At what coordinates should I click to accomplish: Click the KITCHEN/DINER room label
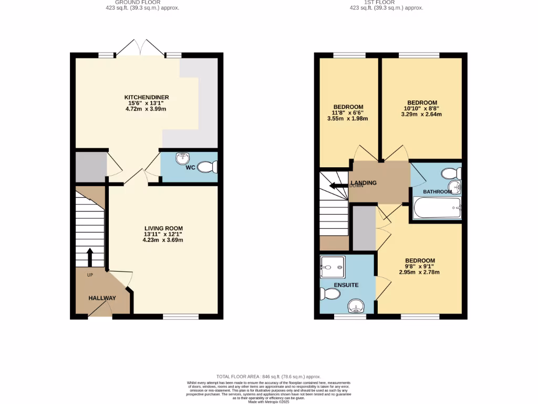tap(146, 97)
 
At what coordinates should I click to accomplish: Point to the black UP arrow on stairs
tap(89, 257)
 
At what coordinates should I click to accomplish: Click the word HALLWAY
tap(102, 298)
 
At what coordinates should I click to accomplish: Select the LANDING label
tap(364, 183)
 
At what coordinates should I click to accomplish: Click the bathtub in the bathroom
tap(437, 208)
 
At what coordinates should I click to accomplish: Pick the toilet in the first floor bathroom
tap(451, 173)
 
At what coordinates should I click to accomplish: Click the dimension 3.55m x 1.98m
tap(347, 118)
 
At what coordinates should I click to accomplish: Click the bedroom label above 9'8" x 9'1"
tap(419, 260)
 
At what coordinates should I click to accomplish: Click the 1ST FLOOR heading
tap(386, 2)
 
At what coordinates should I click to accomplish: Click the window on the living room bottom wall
tap(181, 316)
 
